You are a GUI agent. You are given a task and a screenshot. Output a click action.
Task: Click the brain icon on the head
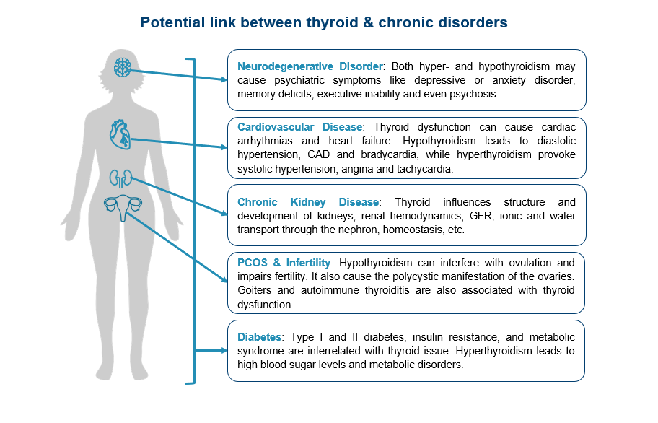[x=122, y=67]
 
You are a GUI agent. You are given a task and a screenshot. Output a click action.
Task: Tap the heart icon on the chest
[x=120, y=134]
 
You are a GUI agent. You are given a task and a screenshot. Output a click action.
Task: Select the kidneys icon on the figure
[x=121, y=179]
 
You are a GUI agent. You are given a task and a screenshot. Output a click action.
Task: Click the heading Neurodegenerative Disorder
[x=310, y=66]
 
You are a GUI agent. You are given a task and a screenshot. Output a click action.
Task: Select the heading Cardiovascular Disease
[x=300, y=127]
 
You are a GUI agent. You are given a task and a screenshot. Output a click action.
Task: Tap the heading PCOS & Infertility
[x=284, y=263]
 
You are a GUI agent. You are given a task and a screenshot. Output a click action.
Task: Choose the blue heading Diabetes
[x=259, y=337]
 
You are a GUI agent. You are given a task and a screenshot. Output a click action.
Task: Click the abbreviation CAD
[x=318, y=154]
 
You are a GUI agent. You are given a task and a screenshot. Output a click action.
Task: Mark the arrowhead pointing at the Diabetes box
[x=224, y=350]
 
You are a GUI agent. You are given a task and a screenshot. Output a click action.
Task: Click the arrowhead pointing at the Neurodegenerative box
[x=224, y=79]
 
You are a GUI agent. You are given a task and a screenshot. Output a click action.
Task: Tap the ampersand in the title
[x=368, y=22]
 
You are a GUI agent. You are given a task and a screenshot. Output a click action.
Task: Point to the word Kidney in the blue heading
[x=308, y=202]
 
